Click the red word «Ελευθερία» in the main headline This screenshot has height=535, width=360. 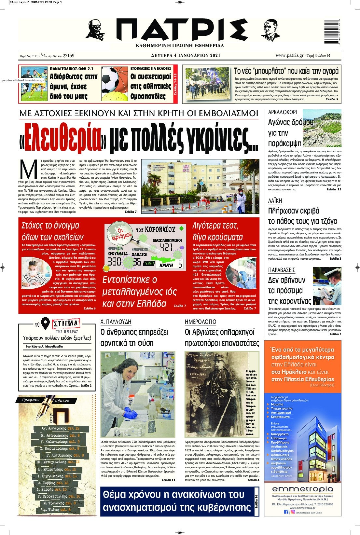(63, 137)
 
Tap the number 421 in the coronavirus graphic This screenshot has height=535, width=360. (166, 247)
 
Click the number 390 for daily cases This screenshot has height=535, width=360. (114, 261)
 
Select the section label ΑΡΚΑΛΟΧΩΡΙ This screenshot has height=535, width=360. (282, 113)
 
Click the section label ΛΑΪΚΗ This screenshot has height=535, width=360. (275, 200)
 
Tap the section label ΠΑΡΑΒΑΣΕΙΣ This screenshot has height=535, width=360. (282, 270)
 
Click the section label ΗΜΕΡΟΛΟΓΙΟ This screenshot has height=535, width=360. (200, 322)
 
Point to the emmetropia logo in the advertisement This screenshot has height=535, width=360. (302, 489)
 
